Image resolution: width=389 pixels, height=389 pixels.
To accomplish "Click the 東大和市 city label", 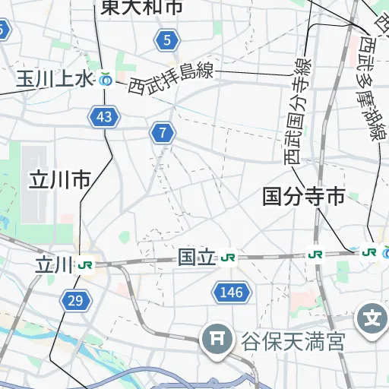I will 141,8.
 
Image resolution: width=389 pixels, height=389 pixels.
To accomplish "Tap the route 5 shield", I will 166,40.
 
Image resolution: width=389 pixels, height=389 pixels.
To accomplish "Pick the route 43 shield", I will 104,117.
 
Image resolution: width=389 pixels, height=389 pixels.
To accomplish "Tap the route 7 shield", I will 162,133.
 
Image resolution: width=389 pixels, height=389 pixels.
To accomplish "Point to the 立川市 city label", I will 60,180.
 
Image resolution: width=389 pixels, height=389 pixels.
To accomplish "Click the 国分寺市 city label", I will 303,198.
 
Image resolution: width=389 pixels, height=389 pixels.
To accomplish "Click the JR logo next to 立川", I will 86,265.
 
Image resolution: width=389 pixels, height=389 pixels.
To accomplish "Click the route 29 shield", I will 74,301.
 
